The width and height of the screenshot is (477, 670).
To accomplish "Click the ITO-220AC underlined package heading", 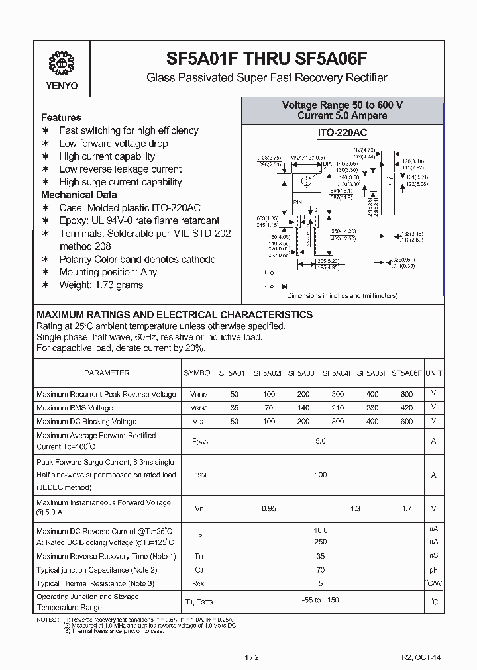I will (342, 134).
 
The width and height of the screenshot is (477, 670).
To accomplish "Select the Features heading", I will (61, 117).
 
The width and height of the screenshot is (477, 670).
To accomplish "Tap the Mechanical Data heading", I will (79, 195).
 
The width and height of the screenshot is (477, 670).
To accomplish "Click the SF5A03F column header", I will (303, 373).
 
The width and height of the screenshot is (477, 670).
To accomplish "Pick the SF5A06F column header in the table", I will (407, 373).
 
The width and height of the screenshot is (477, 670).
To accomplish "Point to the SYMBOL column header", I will (199, 373).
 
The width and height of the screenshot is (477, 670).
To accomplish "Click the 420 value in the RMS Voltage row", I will (407, 408).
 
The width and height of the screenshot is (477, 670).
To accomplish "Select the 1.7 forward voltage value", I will (407, 508).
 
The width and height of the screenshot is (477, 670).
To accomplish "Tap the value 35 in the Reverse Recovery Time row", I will (321, 556).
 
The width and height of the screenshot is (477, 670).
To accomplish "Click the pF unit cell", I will (433, 569).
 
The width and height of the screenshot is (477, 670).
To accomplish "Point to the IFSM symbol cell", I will (199, 475).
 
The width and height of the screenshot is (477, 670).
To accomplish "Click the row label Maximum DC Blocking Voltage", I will (86, 421).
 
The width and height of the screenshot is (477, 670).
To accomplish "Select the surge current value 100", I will (321, 475).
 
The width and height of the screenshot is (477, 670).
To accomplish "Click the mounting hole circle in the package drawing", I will (306, 182).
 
